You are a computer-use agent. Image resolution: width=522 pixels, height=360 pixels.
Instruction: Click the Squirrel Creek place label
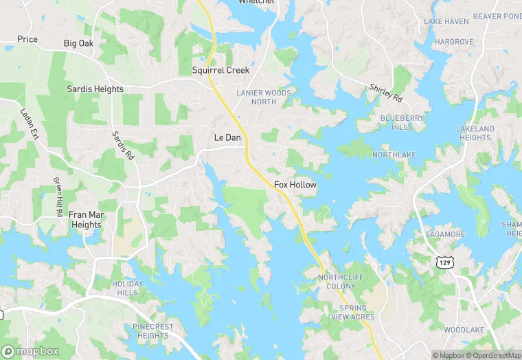click(220, 70)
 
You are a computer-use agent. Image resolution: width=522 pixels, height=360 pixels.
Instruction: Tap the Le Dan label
click(227, 137)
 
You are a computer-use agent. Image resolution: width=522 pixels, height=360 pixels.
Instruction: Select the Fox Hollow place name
click(295, 185)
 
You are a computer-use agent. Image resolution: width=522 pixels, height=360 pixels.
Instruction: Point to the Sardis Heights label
click(95, 89)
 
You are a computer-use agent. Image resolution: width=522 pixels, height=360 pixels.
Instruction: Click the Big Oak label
click(78, 43)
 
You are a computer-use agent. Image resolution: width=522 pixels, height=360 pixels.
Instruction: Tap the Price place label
click(27, 39)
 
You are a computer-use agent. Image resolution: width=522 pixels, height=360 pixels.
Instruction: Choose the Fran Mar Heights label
click(86, 220)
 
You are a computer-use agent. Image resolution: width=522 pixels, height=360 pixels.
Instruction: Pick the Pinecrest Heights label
click(152, 331)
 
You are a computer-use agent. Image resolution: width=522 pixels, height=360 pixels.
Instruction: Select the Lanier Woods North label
click(264, 97)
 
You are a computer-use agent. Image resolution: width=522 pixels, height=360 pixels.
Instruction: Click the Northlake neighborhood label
click(394, 155)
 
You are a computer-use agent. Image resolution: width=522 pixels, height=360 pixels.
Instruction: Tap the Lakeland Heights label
click(475, 133)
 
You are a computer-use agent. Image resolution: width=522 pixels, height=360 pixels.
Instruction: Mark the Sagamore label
click(445, 234)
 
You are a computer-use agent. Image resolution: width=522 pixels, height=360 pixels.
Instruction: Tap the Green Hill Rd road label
click(58, 197)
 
